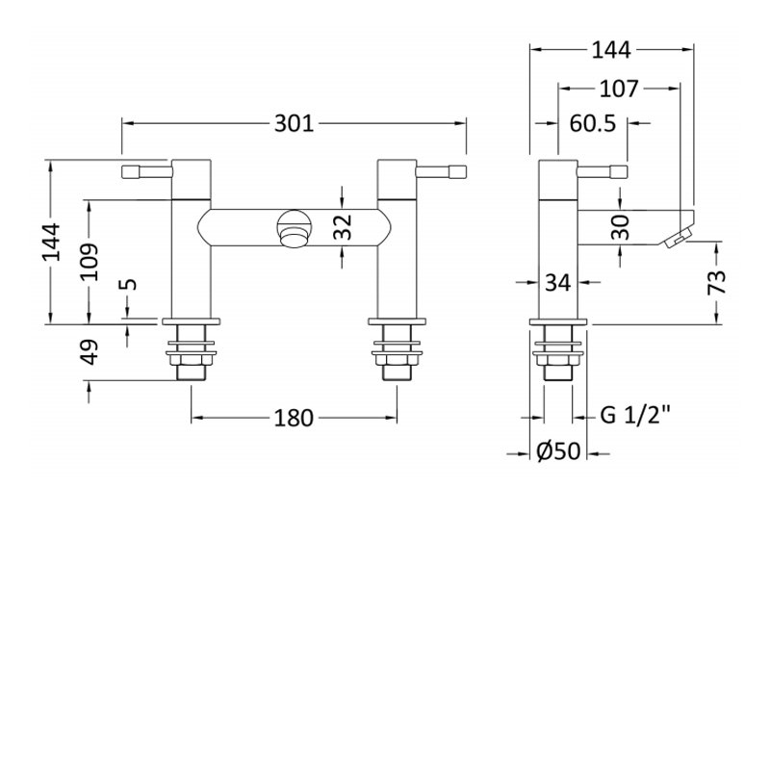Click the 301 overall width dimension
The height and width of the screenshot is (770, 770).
pos(294,123)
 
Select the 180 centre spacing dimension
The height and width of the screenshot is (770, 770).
pos(294,419)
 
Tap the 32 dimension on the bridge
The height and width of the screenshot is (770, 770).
pos(343,227)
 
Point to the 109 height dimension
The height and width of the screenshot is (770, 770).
pos(89,261)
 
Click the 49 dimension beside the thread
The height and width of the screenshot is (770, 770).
pos(89,352)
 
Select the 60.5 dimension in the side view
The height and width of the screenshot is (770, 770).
pos(592,123)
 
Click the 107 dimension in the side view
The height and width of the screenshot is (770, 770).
pos(619,89)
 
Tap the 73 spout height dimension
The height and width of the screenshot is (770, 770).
pos(717,282)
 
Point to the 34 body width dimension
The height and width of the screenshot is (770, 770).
pos(558,282)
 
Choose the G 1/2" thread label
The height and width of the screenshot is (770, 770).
pos(635,416)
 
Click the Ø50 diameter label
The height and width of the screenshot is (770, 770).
pos(558,451)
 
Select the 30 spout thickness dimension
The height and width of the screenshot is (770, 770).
pos(621,227)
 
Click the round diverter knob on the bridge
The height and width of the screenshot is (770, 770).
pos(294,228)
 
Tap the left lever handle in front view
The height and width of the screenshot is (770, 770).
pos(147,172)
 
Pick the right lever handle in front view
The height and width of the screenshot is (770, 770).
pos(441,172)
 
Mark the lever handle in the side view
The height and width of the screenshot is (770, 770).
pos(603,172)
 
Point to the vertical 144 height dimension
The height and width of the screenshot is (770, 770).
pos(51,242)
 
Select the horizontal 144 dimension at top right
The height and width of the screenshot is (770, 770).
pos(611,50)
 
